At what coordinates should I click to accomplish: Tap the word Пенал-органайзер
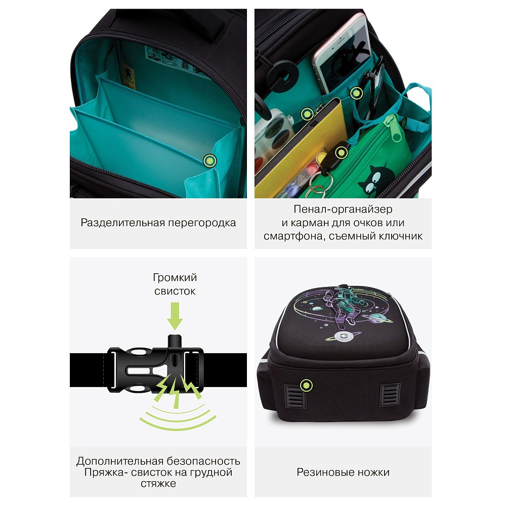pos(343,209)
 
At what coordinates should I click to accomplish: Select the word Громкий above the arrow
pos(175,277)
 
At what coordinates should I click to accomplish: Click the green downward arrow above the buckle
pos(175,316)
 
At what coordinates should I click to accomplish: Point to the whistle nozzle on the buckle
pos(175,342)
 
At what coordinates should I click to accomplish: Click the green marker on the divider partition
pos(210,160)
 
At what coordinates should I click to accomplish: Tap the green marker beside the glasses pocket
pos(356,93)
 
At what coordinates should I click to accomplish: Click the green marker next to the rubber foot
pos(306,385)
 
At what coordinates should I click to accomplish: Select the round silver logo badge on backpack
pos(342,336)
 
